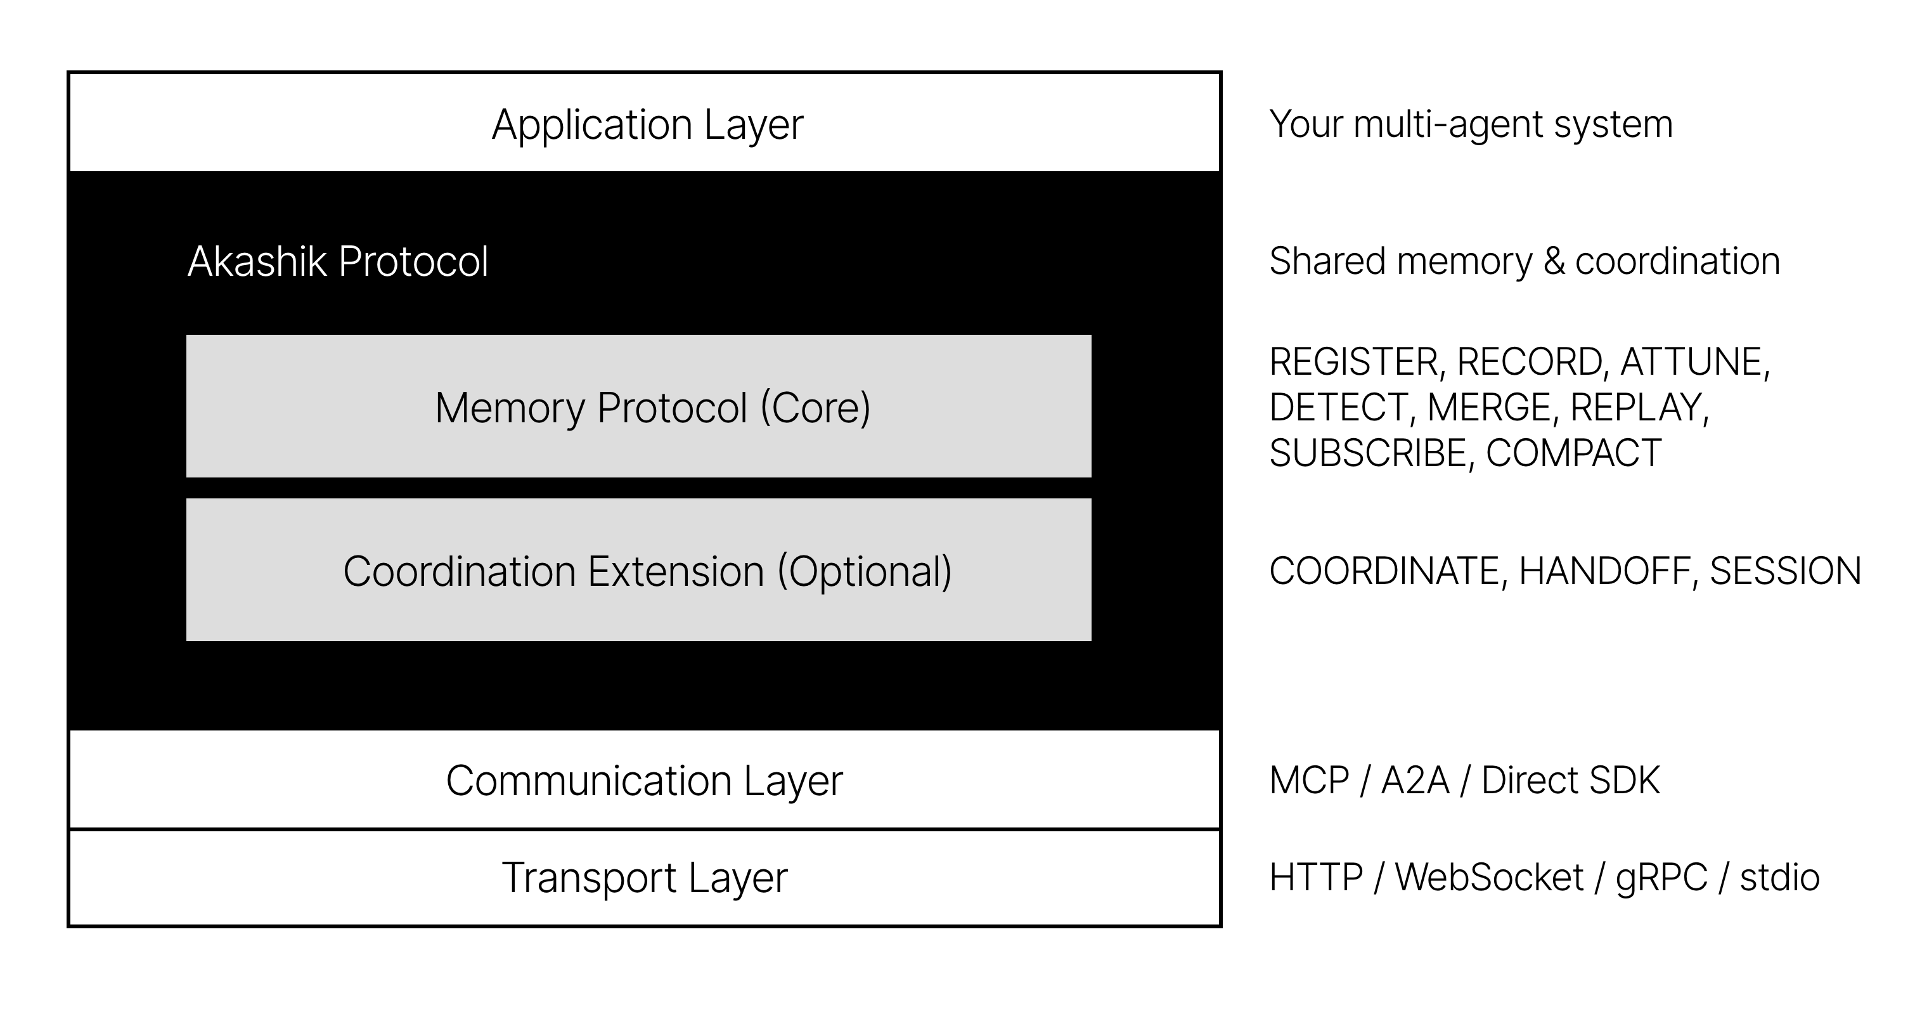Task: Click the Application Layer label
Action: pos(647,124)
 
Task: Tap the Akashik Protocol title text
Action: pos(337,262)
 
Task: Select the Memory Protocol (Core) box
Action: pos(638,406)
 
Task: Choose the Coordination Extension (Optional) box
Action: pos(638,570)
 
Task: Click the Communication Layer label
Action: pos(644,781)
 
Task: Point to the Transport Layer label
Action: pos(644,878)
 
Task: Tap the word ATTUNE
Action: pos(1692,363)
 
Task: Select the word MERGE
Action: pos(1488,408)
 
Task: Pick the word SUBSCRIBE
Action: pos(1367,453)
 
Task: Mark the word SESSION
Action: pos(1785,571)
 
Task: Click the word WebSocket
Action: pos(1488,878)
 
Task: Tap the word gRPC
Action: pos(1661,878)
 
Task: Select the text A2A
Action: pos(1415,781)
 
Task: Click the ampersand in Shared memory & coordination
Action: pos(1554,262)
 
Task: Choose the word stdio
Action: pos(1779,878)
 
